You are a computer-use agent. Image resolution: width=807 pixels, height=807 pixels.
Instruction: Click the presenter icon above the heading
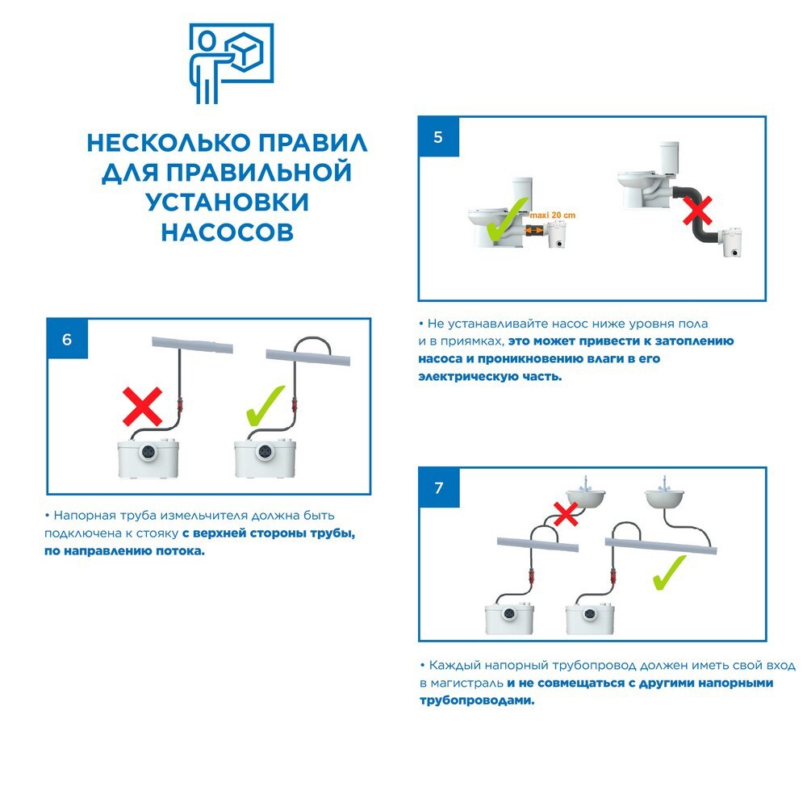pos(230,63)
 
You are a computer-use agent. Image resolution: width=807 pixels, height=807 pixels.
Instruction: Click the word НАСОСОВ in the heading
pos(227,232)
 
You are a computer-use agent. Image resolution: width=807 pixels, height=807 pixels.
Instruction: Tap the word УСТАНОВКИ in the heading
pos(227,202)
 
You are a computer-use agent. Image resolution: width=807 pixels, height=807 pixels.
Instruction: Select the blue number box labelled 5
pos(438,137)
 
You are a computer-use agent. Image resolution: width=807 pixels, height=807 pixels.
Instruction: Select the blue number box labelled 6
pos(67,339)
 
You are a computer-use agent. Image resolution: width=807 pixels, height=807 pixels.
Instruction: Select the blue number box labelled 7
pos(438,488)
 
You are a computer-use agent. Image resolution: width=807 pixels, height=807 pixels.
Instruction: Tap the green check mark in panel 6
pos(266,408)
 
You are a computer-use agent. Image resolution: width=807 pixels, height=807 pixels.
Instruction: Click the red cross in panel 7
pos(567,514)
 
